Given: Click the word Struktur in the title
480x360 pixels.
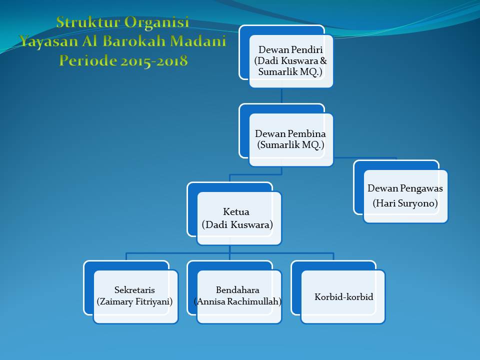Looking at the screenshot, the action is coord(88,22).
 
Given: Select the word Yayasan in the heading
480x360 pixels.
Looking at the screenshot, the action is coord(49,42).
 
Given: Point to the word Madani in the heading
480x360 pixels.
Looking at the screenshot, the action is coord(198,41).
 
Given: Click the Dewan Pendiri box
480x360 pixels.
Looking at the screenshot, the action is coord(291,61).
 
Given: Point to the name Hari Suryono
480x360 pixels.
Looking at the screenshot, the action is coord(405,203).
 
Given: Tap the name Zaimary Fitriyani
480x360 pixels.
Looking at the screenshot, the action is coord(134,302).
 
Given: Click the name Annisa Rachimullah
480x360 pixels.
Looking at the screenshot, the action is coord(237,302).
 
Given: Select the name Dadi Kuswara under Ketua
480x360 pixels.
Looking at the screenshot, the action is coord(237,225).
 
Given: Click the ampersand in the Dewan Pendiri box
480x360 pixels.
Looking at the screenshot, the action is coord(323,60).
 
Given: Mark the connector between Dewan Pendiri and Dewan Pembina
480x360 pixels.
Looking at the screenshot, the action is coord(281,95).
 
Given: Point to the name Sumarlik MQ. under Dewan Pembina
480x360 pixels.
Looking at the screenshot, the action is coord(290,145).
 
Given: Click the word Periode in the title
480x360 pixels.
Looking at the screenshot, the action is coord(88,60).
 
